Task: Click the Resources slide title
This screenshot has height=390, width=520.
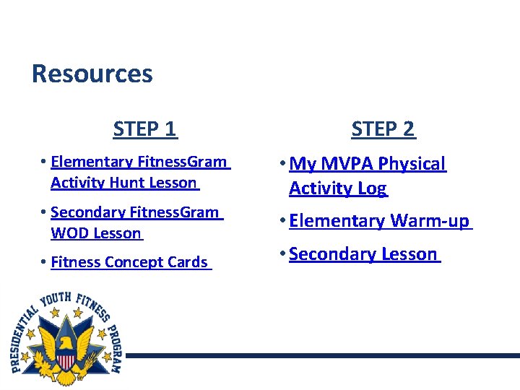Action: [x=92, y=74]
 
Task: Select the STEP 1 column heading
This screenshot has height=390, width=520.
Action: [x=144, y=129]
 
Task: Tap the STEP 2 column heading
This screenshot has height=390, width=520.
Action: [x=383, y=129]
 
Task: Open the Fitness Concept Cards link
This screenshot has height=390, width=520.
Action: [x=129, y=262]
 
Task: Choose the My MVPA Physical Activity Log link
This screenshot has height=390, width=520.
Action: [x=367, y=175]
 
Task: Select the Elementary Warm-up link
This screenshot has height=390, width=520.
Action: [x=379, y=220]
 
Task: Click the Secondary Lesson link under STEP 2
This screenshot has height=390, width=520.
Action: [x=363, y=253]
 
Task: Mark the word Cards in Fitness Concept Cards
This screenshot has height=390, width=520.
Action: [x=188, y=262]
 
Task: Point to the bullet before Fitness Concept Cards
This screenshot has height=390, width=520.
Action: [x=44, y=262]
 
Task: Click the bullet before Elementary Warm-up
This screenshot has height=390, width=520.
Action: [x=282, y=221]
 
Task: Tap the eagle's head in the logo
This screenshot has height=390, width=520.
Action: [x=65, y=342]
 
